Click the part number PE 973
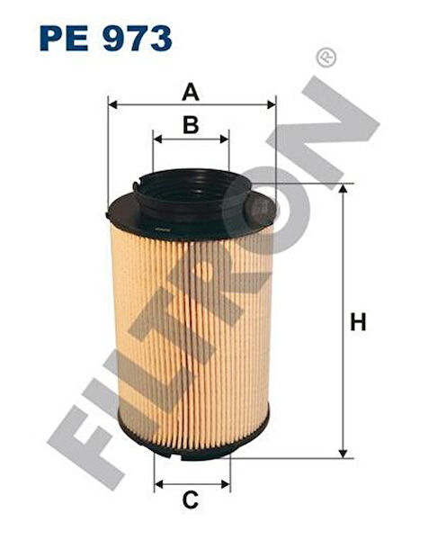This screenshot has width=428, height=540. click(106, 38)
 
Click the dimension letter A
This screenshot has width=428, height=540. click(190, 92)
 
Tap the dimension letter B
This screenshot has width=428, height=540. click(190, 126)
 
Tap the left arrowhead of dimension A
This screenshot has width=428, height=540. click(111, 105)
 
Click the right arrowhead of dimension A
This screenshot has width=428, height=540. click(271, 105)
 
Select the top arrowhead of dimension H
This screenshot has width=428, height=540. click(342, 189)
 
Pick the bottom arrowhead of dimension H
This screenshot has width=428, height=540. click(342, 452)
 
